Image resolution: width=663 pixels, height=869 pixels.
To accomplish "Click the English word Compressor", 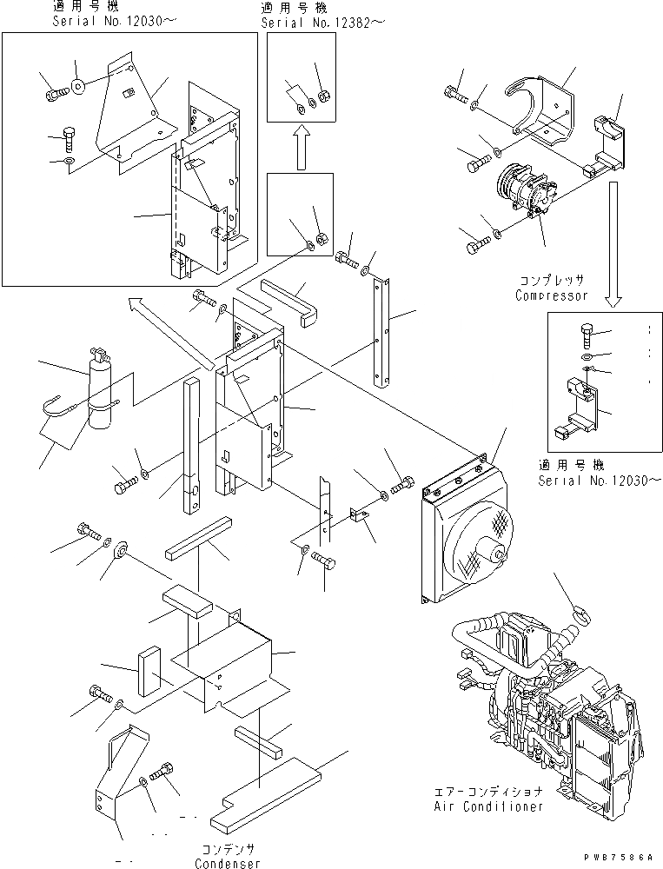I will pos(551,295).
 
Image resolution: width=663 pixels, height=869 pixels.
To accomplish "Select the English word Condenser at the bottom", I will pos(228,863).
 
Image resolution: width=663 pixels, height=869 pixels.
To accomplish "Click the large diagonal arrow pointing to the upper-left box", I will pos(169,331).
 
